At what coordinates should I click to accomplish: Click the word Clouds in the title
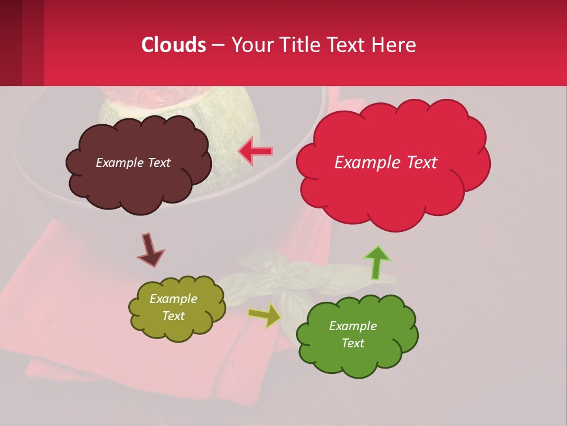pyautogui.click(x=174, y=45)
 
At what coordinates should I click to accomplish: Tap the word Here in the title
pyautogui.click(x=395, y=45)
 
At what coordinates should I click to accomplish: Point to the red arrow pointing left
pyautogui.click(x=256, y=151)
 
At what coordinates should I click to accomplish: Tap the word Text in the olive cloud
pyautogui.click(x=174, y=316)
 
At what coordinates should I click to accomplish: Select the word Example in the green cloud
pyautogui.click(x=353, y=326)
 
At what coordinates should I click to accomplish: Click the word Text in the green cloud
pyautogui.click(x=353, y=343)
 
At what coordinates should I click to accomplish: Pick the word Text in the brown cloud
pyautogui.click(x=158, y=163)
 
